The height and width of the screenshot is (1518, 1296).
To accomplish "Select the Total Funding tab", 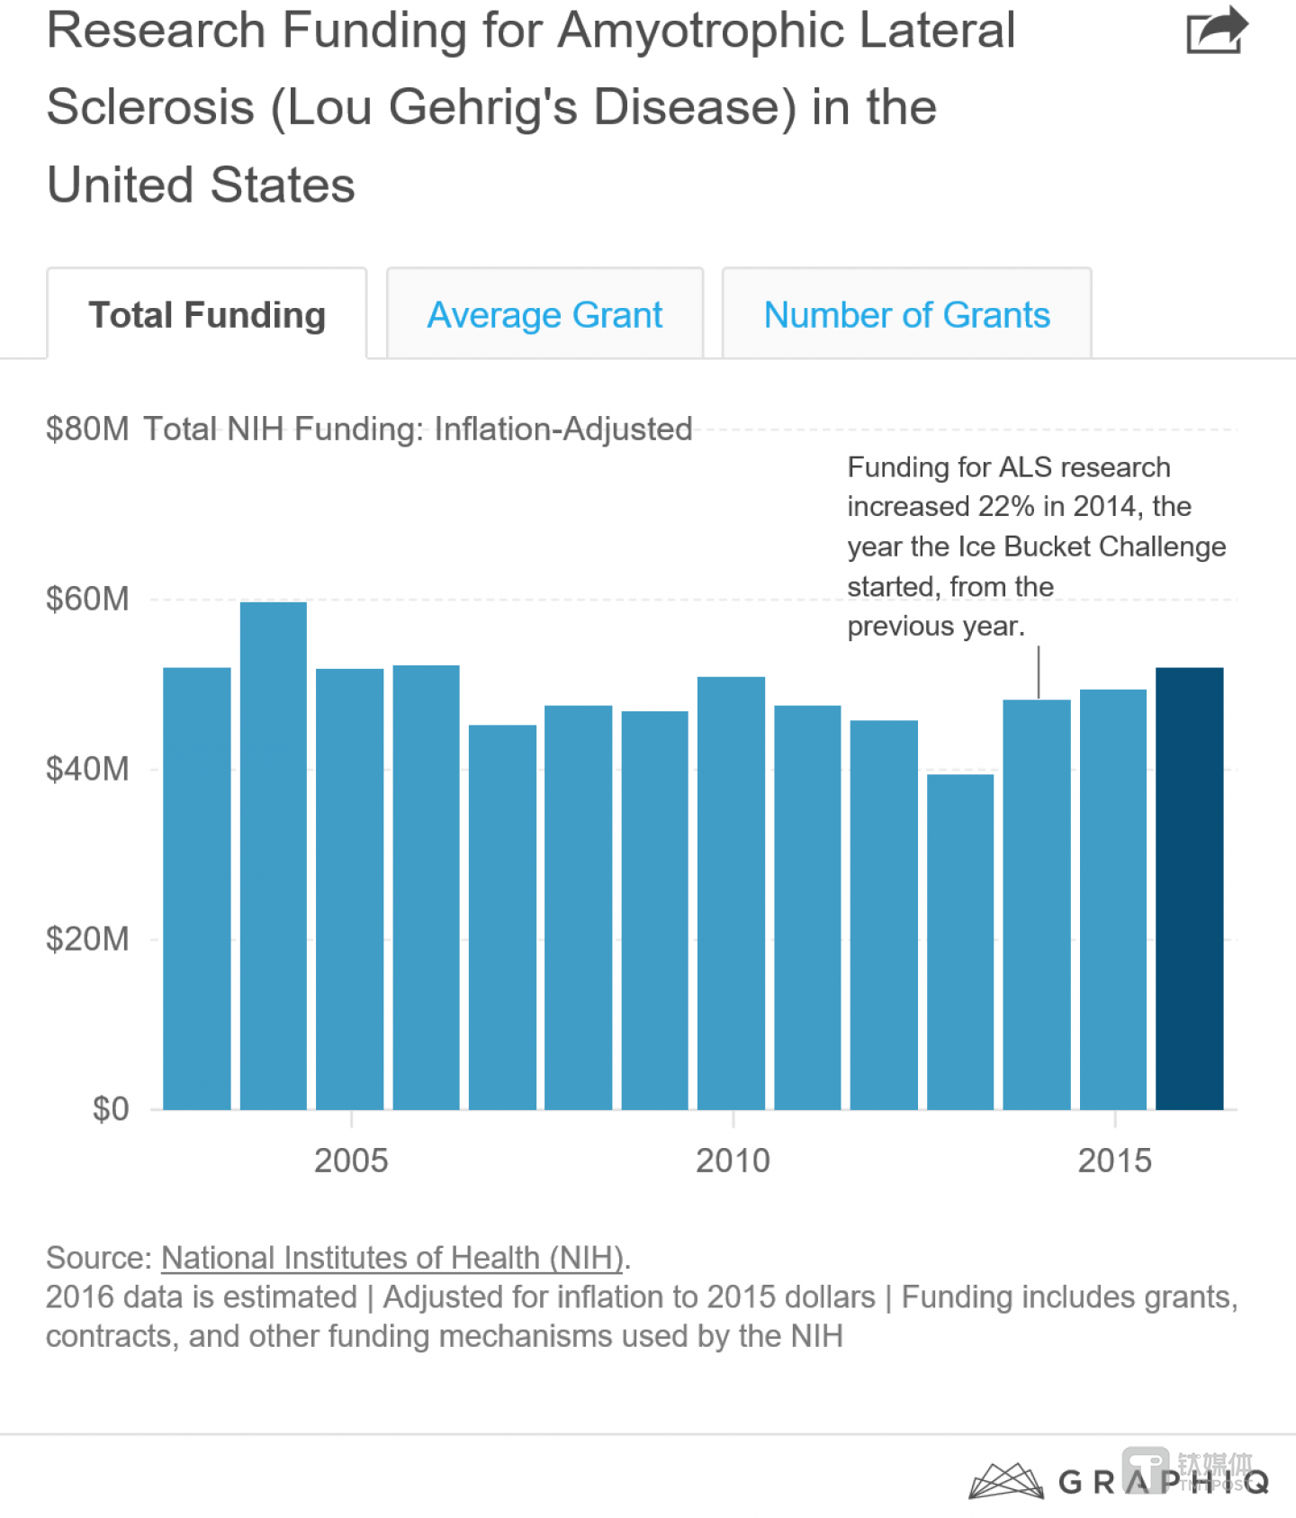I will (207, 315).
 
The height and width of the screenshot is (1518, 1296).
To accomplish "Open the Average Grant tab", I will (544, 315).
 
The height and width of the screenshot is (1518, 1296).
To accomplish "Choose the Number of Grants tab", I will (906, 315).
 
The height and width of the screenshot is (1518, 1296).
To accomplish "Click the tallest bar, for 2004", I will (274, 855).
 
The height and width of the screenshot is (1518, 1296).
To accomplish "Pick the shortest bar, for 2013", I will (960, 941).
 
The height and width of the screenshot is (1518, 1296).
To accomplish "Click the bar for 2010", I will (731, 891).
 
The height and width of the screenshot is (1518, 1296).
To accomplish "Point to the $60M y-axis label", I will (87, 599).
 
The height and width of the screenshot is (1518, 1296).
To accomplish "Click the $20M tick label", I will (87, 939).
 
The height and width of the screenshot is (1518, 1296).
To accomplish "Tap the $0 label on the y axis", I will (110, 1109).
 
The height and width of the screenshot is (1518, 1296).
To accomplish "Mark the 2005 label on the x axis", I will (351, 1161).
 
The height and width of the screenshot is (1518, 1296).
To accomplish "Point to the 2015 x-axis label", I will (1114, 1161).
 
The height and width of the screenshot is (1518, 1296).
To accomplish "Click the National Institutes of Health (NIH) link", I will (392, 1258).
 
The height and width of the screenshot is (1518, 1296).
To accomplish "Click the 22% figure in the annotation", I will (1006, 507).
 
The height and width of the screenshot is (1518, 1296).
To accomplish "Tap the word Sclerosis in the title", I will (150, 107).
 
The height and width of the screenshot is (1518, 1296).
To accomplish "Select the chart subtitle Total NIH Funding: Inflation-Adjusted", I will (418, 429).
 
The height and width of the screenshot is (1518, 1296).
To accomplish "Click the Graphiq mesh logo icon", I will (1005, 1481).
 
